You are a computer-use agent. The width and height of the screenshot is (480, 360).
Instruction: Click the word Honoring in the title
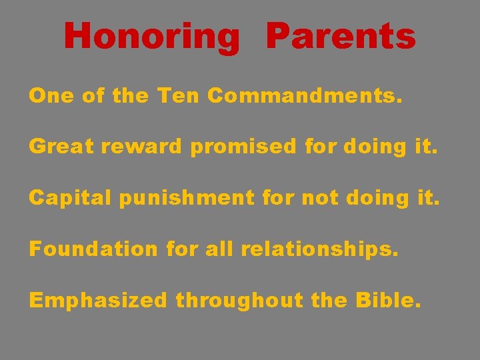(151, 36)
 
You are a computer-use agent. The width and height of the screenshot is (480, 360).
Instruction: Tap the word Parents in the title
(340, 36)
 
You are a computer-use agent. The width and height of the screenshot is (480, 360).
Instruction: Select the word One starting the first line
(51, 96)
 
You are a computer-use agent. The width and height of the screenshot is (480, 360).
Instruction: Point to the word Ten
(179, 96)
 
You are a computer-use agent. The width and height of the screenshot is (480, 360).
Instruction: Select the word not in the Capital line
(317, 198)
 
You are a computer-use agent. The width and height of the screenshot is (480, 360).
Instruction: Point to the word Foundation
(93, 249)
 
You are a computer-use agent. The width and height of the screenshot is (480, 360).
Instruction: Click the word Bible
(388, 300)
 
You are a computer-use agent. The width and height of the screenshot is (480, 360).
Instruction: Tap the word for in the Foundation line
(182, 249)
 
